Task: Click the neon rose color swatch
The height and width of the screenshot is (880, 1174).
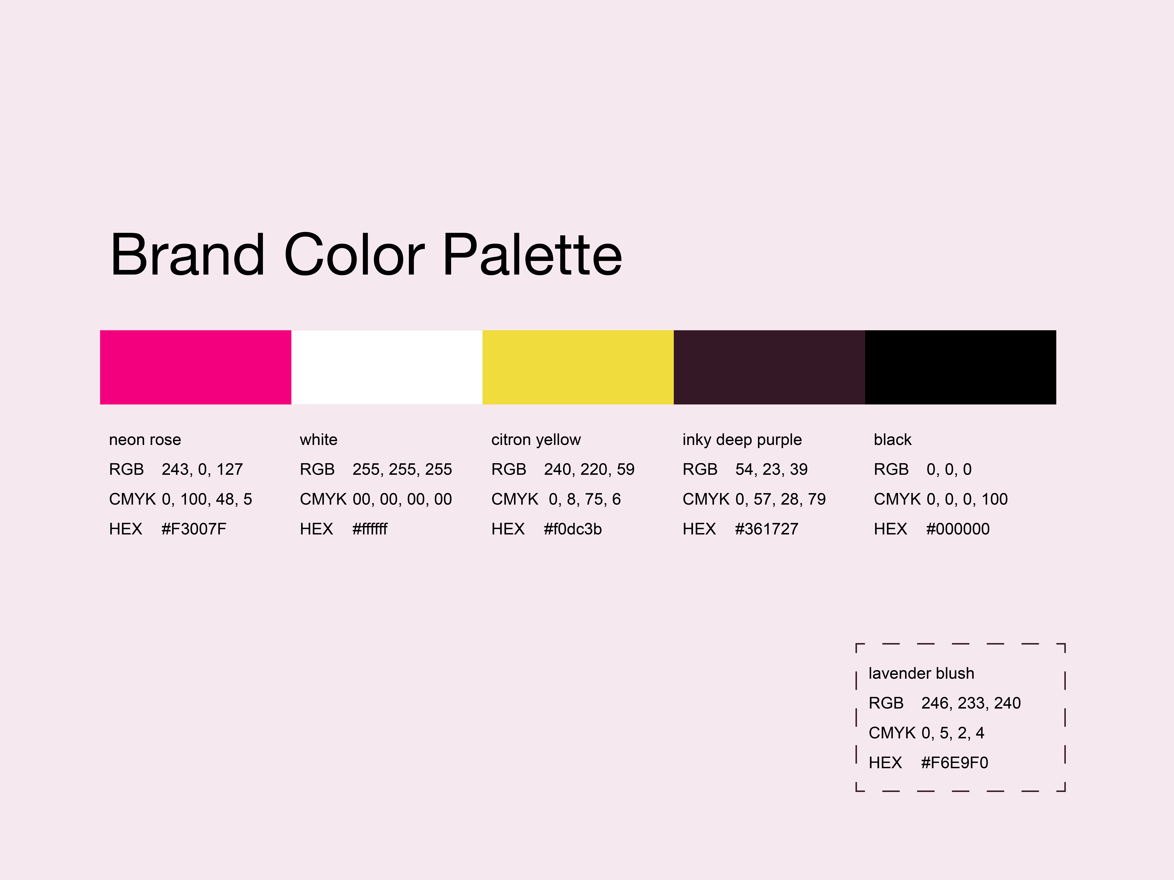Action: (195, 367)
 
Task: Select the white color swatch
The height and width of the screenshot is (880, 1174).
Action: (387, 367)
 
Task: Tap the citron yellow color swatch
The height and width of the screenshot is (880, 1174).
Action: (578, 367)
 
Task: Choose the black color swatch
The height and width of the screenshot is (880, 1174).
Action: (961, 367)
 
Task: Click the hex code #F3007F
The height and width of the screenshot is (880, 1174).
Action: (194, 529)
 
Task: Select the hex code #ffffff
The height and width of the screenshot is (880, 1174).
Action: (370, 529)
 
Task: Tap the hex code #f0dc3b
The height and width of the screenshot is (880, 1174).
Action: (573, 529)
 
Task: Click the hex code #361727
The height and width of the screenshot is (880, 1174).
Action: (766, 529)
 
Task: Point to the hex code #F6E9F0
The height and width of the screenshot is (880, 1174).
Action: (954, 763)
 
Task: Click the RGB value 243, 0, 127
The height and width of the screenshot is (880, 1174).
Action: (202, 470)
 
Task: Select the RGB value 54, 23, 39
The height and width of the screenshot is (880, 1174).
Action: (771, 470)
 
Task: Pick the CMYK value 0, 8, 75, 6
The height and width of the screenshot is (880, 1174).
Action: (584, 499)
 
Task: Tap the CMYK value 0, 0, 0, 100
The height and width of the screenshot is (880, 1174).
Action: (967, 499)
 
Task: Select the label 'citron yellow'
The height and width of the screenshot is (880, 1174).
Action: (536, 440)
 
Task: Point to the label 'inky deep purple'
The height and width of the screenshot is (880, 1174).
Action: (742, 440)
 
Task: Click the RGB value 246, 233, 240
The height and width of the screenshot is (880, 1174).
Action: (971, 703)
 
